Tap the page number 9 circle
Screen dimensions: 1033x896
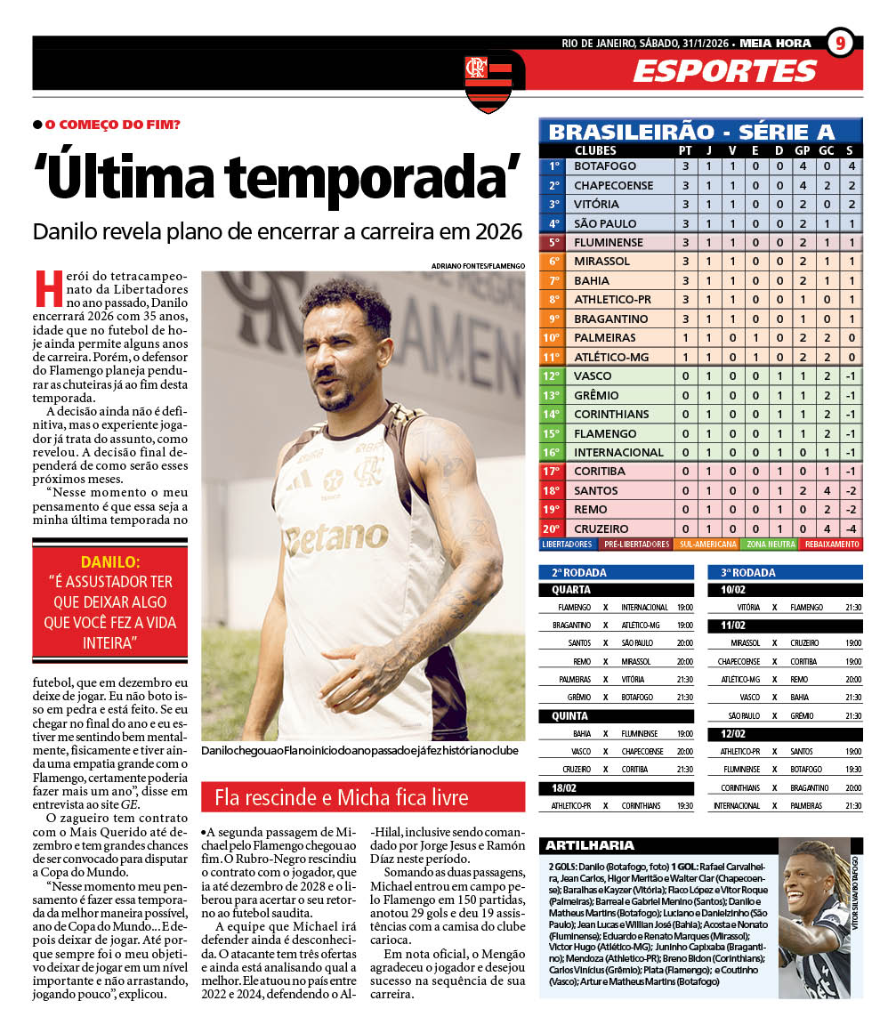840,44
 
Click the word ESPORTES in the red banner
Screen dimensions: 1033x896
724,71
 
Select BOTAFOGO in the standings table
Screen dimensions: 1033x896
605,166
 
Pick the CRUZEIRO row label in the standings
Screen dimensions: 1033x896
601,529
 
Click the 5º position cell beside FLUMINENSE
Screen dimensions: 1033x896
553,242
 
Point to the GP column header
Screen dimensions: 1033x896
802,150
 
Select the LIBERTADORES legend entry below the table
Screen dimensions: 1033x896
567,544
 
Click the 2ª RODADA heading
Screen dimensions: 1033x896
577,572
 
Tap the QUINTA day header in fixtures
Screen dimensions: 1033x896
570,715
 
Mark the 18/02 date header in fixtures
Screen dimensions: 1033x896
565,787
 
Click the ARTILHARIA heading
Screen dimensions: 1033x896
590,845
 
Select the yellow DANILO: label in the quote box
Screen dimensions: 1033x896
110,561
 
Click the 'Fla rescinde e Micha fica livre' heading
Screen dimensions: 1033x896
341,797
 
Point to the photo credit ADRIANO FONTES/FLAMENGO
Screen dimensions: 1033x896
478,266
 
